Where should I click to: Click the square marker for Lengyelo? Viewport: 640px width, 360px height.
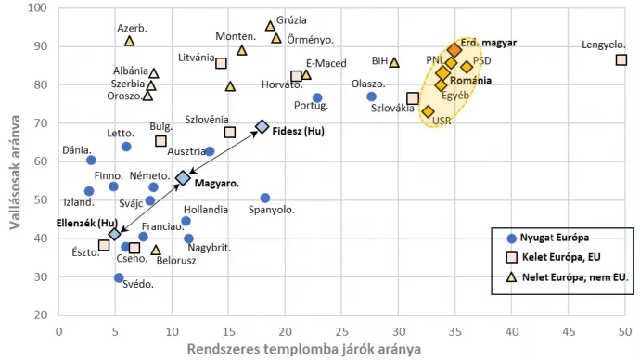tap(621, 60)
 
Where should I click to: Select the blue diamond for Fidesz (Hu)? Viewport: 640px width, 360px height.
tap(262, 126)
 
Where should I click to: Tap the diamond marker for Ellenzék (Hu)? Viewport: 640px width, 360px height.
tap(114, 235)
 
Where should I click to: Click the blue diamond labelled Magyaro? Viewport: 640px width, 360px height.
tap(183, 177)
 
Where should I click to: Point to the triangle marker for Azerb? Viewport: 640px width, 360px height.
tap(129, 41)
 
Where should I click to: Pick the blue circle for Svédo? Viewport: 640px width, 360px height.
tap(119, 277)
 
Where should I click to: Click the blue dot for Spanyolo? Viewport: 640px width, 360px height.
tap(265, 198)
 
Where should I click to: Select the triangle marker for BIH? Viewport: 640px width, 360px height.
tap(394, 62)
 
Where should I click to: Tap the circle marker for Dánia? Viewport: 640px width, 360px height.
tap(91, 160)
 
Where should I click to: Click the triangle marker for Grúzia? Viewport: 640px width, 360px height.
tap(270, 26)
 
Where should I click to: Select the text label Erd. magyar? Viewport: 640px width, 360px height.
tap(489, 43)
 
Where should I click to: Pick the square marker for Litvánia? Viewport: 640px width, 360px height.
tap(221, 63)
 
